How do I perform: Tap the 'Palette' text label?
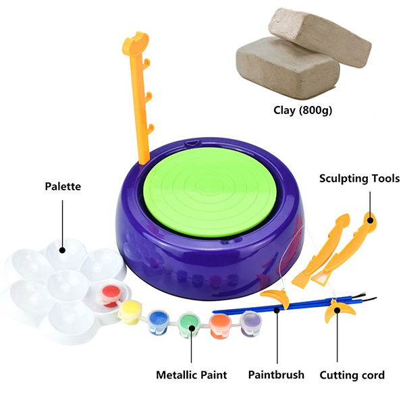[x=63, y=186]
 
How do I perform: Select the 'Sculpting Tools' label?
[x=360, y=179]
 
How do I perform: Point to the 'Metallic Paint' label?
[x=192, y=375]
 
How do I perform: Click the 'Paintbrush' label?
[x=276, y=375]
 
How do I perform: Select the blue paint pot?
[x=158, y=318]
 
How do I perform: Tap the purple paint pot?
[x=249, y=320]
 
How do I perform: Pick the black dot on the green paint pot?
[x=191, y=329]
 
